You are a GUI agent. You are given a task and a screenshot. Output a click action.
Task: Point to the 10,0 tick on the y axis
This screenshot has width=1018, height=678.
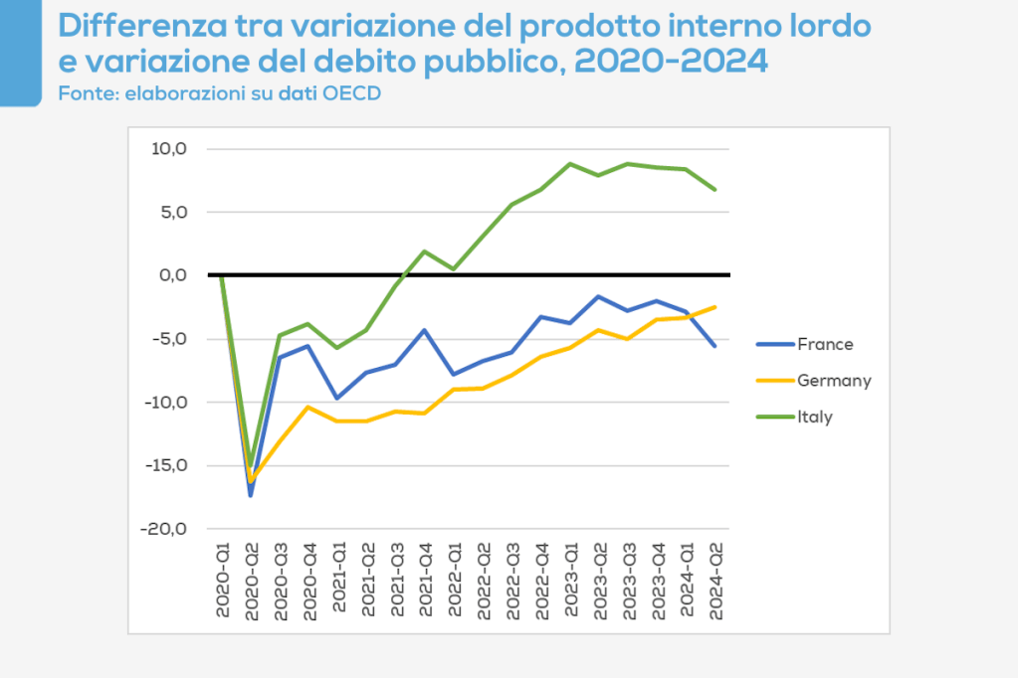[169, 149]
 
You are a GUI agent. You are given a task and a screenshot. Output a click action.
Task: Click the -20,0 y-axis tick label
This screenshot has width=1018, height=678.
[165, 529]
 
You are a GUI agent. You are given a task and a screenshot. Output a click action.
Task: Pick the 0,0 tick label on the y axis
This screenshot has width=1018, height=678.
[171, 275]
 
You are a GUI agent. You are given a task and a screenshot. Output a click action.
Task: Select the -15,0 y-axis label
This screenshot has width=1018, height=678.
[165, 465]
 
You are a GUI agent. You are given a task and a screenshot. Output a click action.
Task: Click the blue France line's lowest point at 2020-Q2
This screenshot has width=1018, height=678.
[251, 494]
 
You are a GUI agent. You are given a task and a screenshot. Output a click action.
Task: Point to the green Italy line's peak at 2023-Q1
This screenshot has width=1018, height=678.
[570, 163]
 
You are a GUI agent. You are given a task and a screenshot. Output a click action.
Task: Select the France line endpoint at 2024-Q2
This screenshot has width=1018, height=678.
[715, 346]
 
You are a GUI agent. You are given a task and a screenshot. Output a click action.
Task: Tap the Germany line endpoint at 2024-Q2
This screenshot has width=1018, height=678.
[715, 306]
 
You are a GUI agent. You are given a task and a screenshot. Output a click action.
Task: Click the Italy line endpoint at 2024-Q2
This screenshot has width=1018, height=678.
[715, 189]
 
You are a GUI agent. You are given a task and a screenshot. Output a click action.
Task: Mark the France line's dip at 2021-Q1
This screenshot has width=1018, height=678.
[338, 398]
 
